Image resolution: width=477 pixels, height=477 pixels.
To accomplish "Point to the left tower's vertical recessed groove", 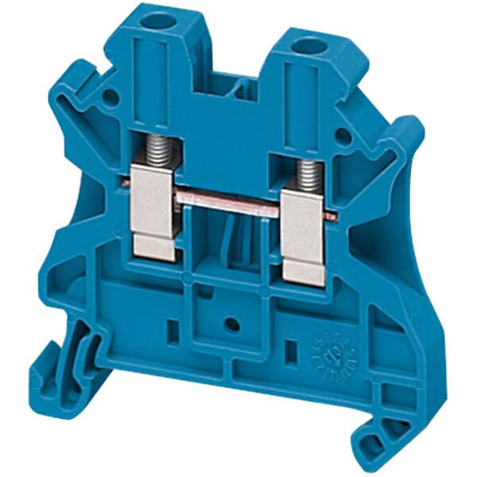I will pyautogui.click(x=151, y=76).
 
